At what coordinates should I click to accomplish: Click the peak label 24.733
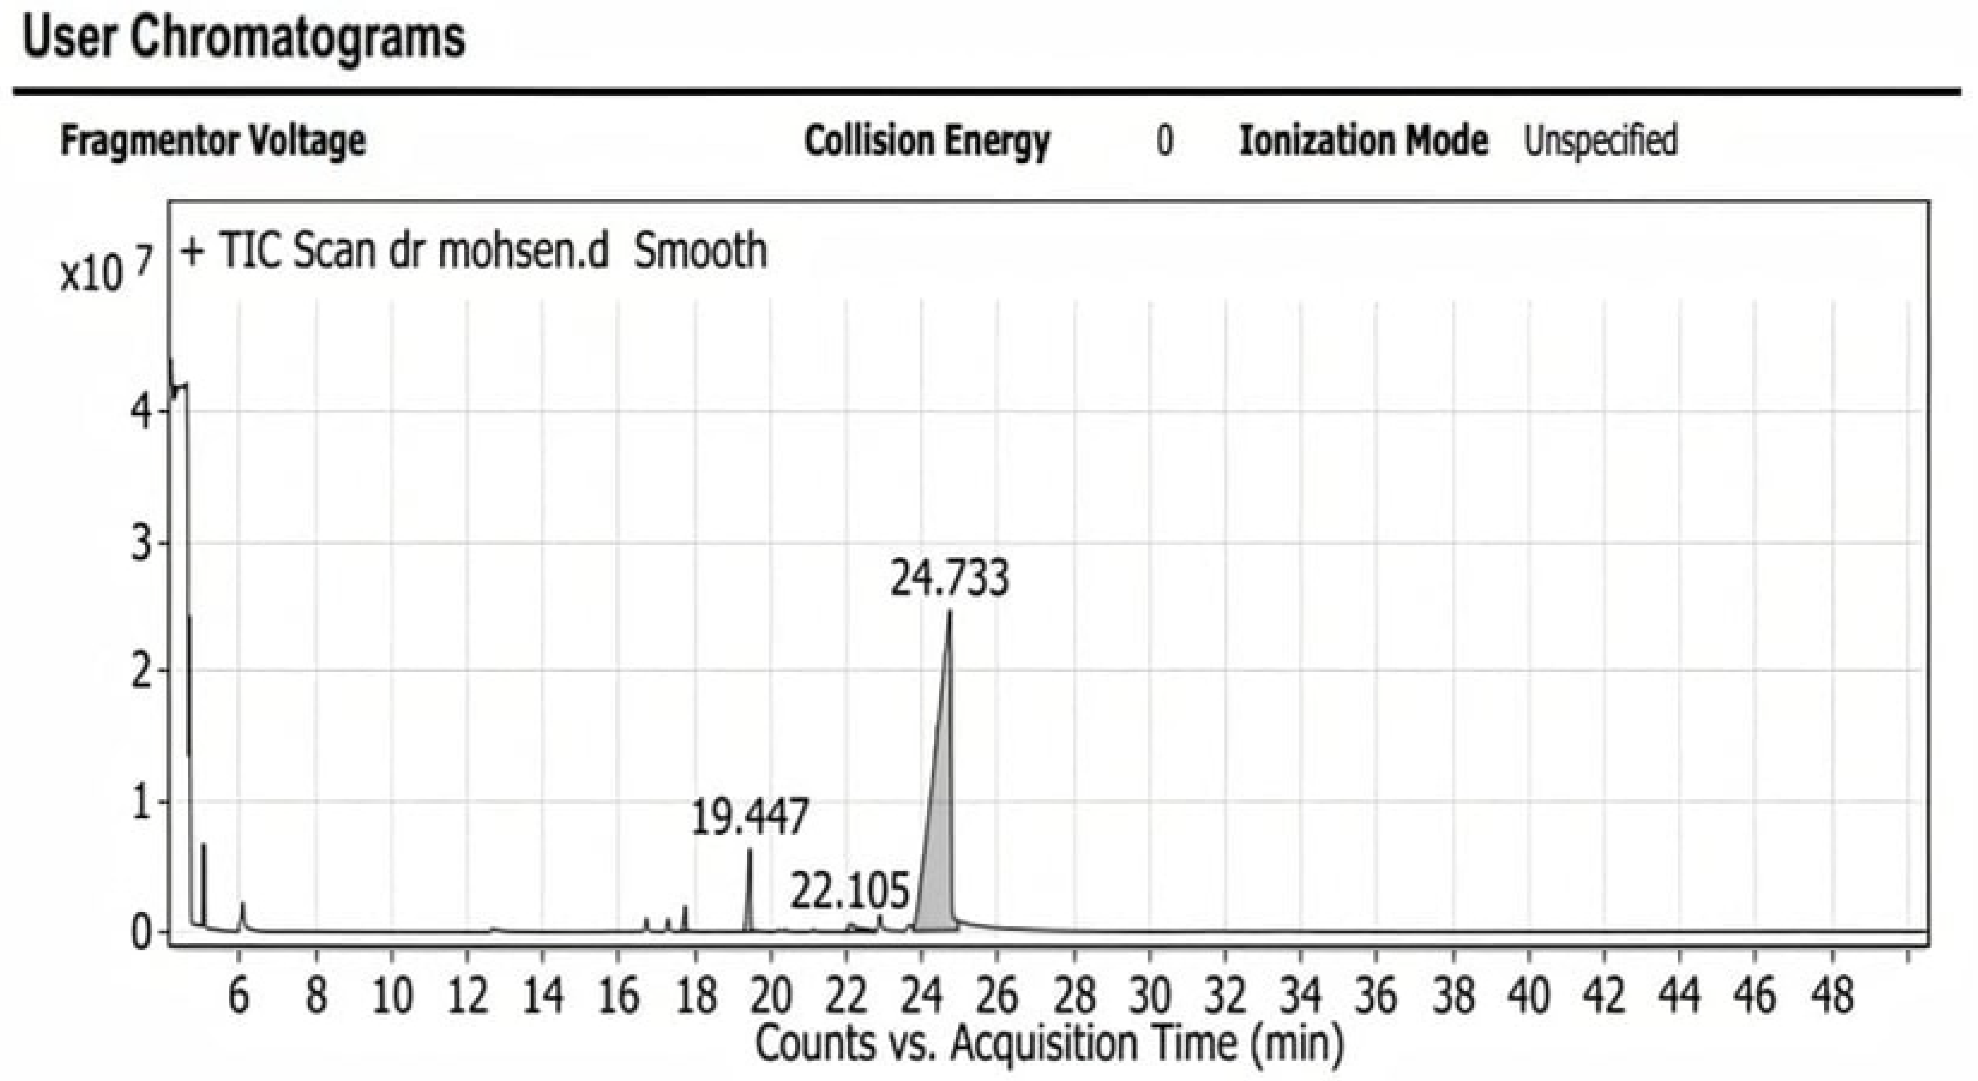[949, 579]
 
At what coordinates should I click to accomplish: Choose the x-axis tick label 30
[1149, 996]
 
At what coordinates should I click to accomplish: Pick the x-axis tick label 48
[1833, 996]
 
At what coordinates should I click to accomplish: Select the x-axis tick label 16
[618, 996]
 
